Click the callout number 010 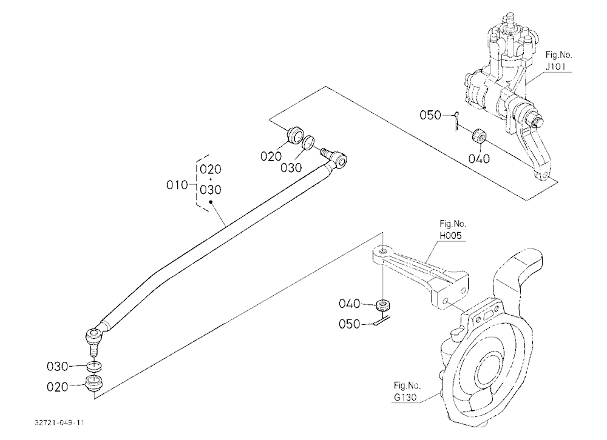click(177, 185)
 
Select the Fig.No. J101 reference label click(558, 61)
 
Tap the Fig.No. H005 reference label click(452, 229)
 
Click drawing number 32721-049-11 click(59, 422)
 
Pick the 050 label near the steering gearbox click(430, 115)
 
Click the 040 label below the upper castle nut click(479, 159)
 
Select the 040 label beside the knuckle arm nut click(349, 304)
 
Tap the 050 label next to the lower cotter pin click(349, 324)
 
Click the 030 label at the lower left click(57, 366)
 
